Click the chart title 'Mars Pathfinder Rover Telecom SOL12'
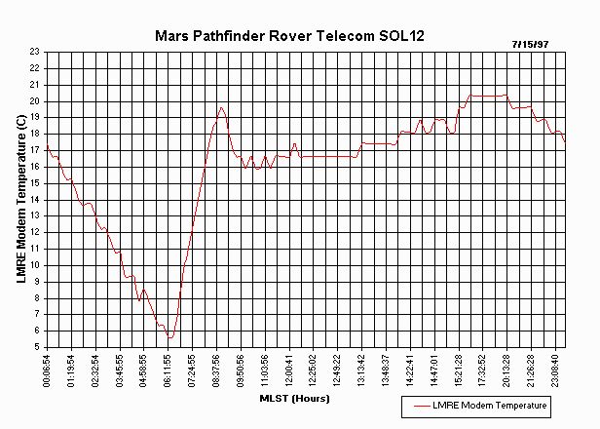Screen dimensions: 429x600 coord(289,35)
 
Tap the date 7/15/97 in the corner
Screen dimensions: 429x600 coord(531,45)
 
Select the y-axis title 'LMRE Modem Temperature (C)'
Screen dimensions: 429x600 coord(21,199)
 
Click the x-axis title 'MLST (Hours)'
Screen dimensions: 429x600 coord(294,399)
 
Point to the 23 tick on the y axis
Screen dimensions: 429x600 coord(35,52)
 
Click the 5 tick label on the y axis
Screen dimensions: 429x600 coord(37,346)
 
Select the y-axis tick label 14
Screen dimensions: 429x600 coord(35,199)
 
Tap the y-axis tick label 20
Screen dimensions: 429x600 coord(35,100)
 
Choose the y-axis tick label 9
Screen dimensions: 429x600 coord(37,281)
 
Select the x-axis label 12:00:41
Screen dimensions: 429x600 coord(289,370)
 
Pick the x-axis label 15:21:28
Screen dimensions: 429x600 coord(458,370)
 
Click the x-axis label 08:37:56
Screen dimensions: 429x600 coord(216,370)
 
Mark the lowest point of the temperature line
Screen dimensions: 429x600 coord(170,337)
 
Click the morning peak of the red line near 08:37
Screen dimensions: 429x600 coord(221,107)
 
